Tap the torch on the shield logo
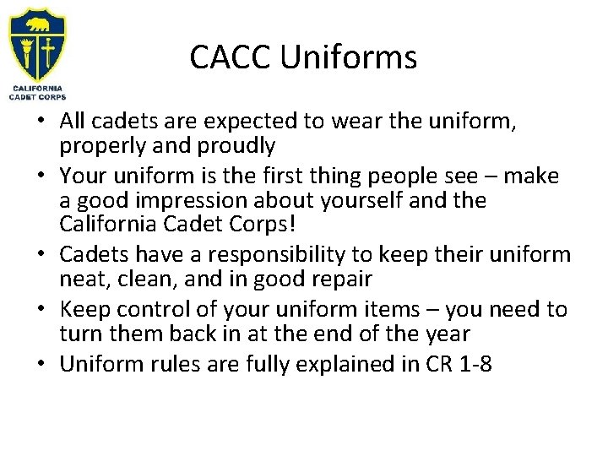(27, 52)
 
